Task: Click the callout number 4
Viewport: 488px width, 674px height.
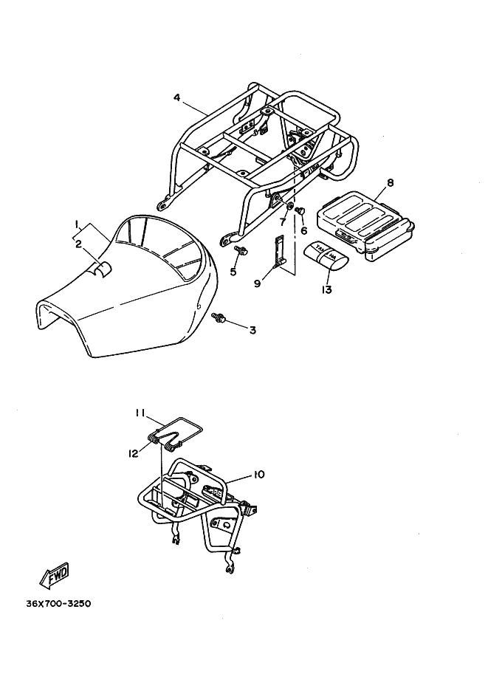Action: tap(177, 97)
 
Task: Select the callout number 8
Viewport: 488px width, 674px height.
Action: tap(390, 182)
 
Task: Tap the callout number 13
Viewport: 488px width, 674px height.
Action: tap(327, 289)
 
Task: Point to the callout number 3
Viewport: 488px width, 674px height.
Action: tap(252, 330)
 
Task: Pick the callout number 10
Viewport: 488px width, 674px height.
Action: tap(258, 474)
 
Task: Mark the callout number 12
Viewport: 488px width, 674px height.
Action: tap(134, 453)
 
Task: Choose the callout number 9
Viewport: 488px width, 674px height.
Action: tap(257, 283)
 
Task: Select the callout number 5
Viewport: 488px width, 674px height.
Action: tap(233, 272)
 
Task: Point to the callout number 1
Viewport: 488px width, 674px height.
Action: tap(76, 222)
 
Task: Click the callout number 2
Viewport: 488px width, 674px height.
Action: tap(78, 244)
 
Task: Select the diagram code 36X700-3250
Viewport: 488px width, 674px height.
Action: tap(58, 602)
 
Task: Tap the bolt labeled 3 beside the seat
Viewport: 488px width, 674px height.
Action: tap(219, 318)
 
